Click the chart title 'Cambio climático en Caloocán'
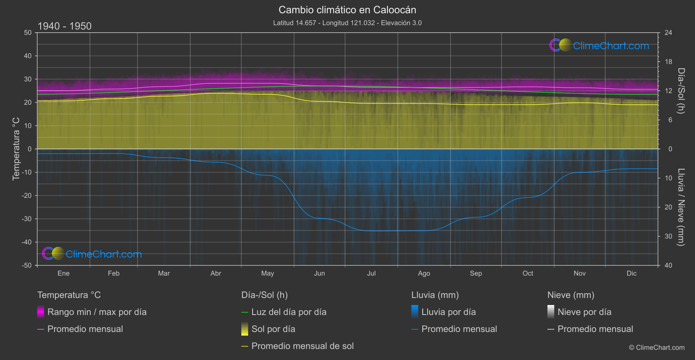pyautogui.click(x=347, y=10)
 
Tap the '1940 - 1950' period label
pyautogui.click(x=65, y=26)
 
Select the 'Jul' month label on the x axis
pyautogui.click(x=371, y=273)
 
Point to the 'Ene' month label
pyautogui.click(x=64, y=273)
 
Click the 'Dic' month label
pyautogui.click(x=631, y=273)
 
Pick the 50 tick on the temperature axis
pyautogui.click(x=28, y=33)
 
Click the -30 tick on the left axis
pyautogui.click(x=27, y=219)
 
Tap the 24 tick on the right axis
pyautogui.click(x=668, y=33)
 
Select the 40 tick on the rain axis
pyautogui.click(x=668, y=265)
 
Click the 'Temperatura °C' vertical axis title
pyautogui.click(x=16, y=148)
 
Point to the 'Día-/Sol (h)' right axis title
pyautogui.click(x=681, y=91)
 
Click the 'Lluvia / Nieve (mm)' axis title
pyautogui.click(x=681, y=207)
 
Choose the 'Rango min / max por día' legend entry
pyautogui.click(x=96, y=312)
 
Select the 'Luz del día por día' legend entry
pyautogui.click(x=288, y=312)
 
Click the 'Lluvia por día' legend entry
pyautogui.click(x=448, y=312)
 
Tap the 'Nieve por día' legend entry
pyautogui.click(x=584, y=312)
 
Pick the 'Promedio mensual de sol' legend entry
pyautogui.click(x=302, y=346)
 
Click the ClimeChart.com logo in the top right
pyautogui.click(x=599, y=45)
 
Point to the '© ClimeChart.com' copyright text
pyautogui.click(x=657, y=348)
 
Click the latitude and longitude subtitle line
pyautogui.click(x=347, y=23)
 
